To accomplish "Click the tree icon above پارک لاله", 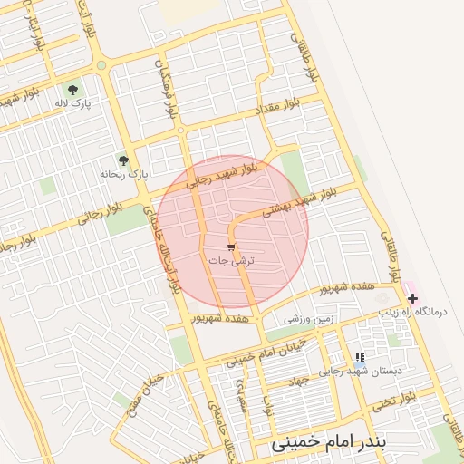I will click(73, 89).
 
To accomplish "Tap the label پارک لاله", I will click(73, 104).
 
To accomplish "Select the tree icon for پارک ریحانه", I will click(123, 159).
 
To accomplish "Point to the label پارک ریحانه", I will click(124, 172).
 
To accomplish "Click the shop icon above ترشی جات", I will click(231, 246).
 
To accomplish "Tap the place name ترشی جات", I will click(232, 260).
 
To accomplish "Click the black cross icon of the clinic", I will click(412, 297).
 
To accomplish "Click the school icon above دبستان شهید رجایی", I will click(360, 358).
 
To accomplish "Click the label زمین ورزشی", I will click(309, 319).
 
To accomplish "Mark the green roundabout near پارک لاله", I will click(101, 65).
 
